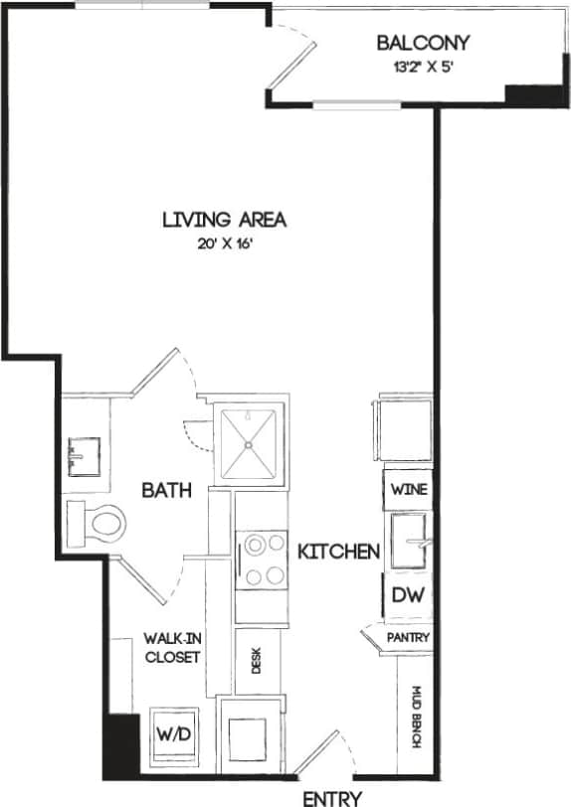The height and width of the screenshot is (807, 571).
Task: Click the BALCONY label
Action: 423,44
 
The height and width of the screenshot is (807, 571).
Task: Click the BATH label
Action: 166,490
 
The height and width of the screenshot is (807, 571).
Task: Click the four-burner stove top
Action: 263,561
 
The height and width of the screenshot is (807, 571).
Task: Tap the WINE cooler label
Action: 410,490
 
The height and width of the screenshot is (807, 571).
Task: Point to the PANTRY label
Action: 409,637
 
